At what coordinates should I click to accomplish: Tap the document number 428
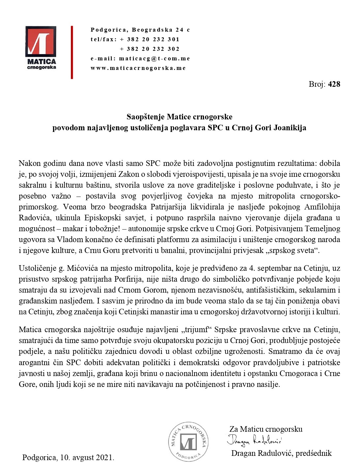click(334, 84)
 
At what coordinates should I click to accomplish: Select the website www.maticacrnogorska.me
click(138, 68)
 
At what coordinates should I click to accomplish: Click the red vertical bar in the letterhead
click(72, 52)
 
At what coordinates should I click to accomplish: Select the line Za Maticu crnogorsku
click(266, 429)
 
